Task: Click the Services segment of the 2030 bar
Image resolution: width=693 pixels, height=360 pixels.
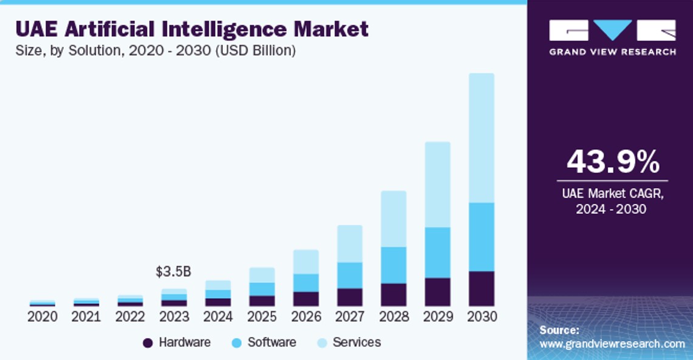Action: coord(481,138)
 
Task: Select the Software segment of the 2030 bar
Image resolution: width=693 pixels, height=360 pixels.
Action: coord(481,237)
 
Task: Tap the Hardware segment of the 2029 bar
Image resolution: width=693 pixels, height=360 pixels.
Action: coord(437,292)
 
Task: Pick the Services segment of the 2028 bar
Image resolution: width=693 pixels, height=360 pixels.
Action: coord(394,219)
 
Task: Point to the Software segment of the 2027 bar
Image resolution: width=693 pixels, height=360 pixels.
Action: coord(350,275)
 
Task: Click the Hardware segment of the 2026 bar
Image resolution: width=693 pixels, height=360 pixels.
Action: coord(306,299)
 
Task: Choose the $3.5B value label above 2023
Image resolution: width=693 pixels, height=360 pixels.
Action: coord(174,271)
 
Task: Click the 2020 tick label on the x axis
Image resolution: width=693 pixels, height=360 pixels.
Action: coord(43,316)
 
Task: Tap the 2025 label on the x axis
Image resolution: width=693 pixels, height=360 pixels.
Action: coord(262,316)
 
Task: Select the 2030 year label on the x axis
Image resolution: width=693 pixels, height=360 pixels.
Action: coord(482,316)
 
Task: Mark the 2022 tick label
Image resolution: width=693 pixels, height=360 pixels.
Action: coord(130,316)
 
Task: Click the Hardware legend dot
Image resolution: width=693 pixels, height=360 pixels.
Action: coord(148,343)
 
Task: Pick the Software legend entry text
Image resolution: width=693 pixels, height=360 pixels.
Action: coord(271,342)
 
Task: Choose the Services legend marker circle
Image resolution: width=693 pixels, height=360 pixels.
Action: coord(322,343)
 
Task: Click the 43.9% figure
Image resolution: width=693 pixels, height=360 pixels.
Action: coord(612,162)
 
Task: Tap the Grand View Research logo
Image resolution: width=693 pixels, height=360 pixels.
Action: coord(612,37)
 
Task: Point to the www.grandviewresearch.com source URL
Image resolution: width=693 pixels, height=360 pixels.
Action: coord(612,344)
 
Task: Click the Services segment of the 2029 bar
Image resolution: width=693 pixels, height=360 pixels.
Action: coord(437,185)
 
